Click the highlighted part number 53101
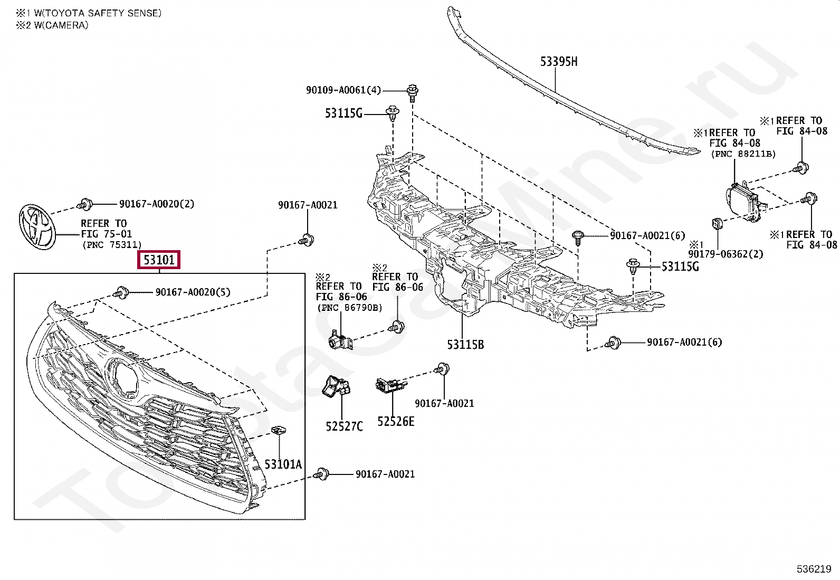click(159, 260)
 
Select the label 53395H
click(558, 62)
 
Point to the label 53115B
click(465, 345)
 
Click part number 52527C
click(344, 426)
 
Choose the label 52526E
click(396, 421)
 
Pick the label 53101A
click(283, 464)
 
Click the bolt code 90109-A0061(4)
click(343, 90)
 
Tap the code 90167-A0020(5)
click(193, 292)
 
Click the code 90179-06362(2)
click(726, 254)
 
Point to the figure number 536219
click(814, 569)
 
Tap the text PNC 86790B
click(349, 308)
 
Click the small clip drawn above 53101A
click(278, 431)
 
